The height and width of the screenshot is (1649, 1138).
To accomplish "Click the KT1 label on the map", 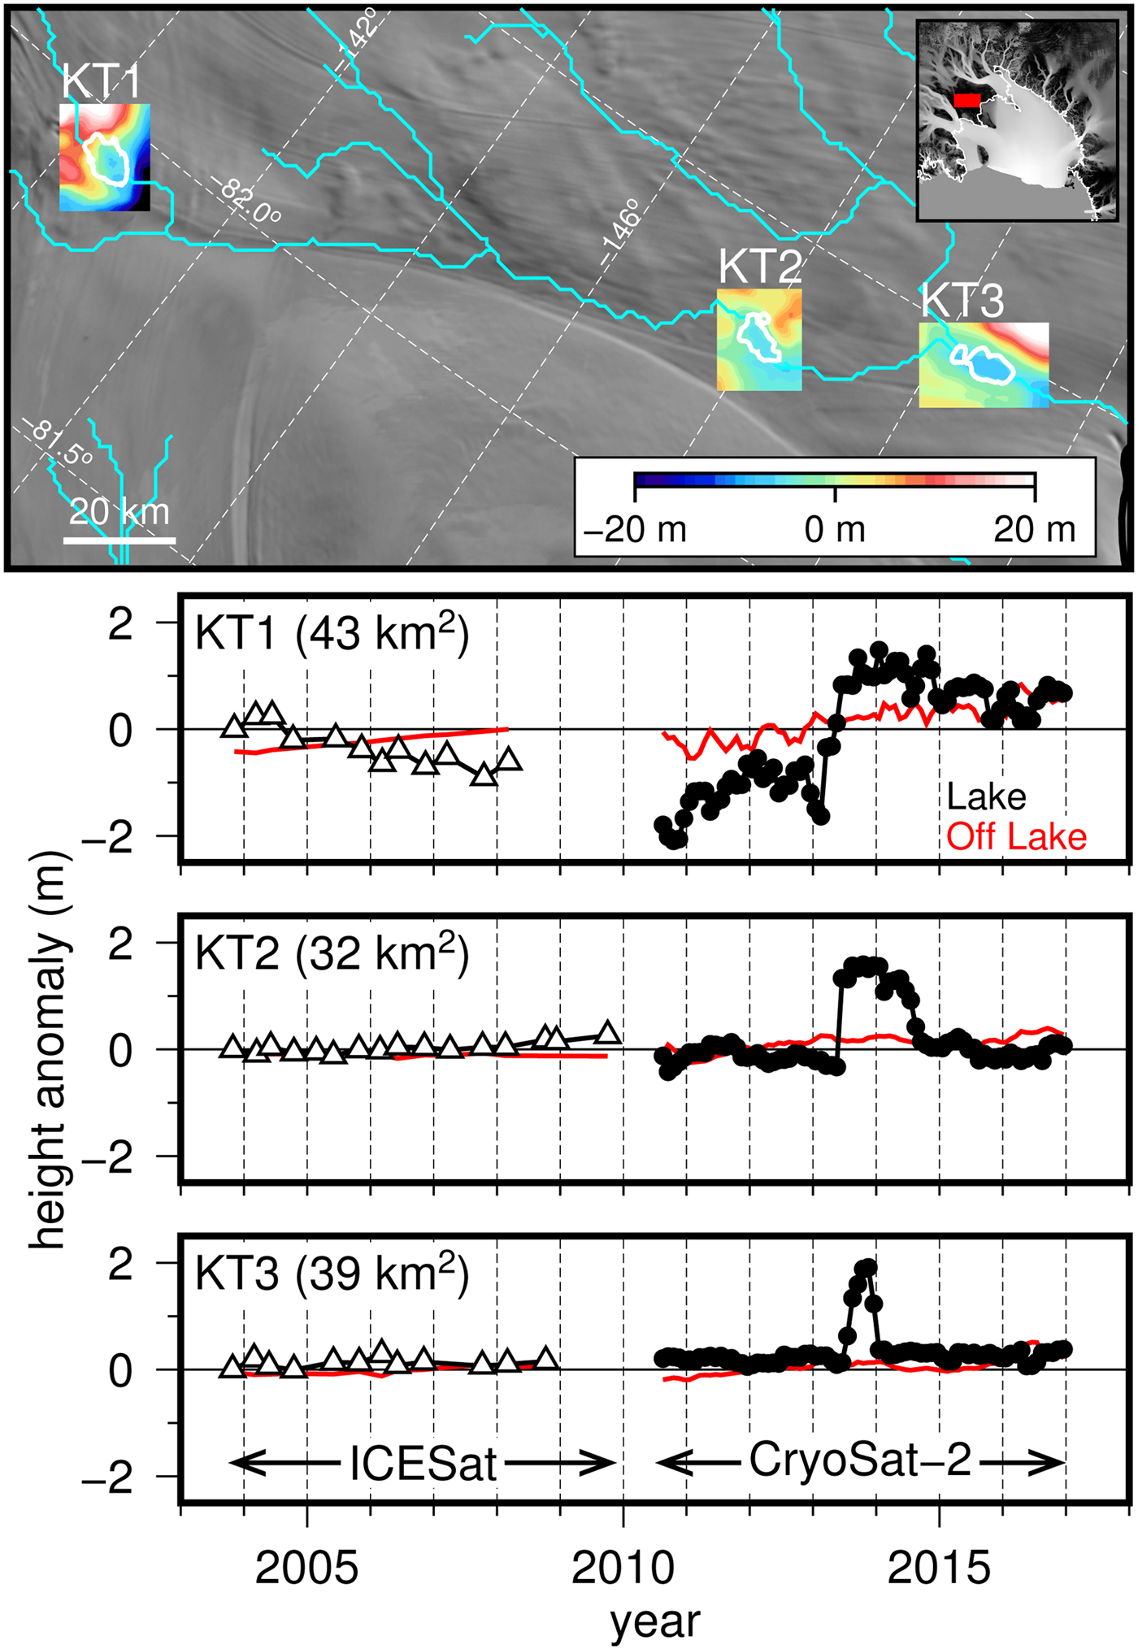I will click(102, 82).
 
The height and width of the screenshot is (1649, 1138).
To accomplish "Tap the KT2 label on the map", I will click(760, 266).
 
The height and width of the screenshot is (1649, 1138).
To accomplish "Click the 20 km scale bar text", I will click(119, 513).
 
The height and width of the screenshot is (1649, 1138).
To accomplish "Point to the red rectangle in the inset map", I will click(967, 99).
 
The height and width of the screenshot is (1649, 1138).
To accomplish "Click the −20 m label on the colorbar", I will click(636, 530).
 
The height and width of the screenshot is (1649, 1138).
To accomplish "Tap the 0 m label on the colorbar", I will click(835, 530).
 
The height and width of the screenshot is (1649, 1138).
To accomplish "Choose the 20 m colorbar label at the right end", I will click(1034, 530).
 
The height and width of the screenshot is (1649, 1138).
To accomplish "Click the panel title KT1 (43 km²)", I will click(332, 633).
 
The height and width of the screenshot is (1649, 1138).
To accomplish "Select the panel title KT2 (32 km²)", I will click(332, 953).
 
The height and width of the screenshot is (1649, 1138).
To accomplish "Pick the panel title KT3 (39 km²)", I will click(332, 1273).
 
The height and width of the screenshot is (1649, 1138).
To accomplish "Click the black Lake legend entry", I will click(986, 797).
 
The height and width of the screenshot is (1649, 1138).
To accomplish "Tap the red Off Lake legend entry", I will click(1016, 837).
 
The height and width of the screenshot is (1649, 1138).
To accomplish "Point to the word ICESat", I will click(423, 1464).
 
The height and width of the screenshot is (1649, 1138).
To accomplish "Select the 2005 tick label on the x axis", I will click(306, 1569).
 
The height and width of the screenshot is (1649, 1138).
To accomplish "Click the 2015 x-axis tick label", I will click(939, 1569).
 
